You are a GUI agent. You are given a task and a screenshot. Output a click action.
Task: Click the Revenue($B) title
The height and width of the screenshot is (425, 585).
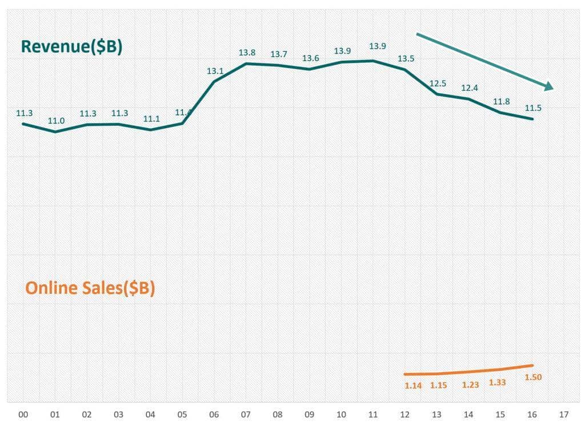tap(71, 47)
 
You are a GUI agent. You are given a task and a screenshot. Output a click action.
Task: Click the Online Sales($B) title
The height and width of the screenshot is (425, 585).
tap(90, 288)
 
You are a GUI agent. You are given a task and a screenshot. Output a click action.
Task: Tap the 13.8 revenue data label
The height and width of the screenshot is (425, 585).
tap(247, 53)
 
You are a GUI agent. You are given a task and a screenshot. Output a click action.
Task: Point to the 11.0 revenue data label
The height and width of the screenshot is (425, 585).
tap(56, 121)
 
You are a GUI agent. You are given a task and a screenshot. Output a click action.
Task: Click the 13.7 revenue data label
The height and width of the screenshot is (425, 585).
tap(279, 54)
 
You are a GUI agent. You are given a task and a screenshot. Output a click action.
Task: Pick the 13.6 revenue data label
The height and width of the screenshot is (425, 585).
tap(311, 58)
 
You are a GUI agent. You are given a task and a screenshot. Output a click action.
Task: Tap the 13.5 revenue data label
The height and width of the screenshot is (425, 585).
tap(406, 58)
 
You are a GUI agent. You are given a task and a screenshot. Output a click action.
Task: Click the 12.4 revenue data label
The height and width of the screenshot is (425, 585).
tap(470, 88)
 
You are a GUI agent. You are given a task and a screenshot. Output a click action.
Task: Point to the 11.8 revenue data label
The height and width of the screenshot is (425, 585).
tap(501, 102)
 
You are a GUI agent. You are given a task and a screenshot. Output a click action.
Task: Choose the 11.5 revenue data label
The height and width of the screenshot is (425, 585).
tap(533, 108)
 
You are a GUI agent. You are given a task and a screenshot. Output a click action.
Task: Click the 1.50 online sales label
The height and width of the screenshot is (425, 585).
tap(532, 377)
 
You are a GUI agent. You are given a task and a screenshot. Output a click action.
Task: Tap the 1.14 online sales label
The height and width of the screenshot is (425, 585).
tap(412, 386)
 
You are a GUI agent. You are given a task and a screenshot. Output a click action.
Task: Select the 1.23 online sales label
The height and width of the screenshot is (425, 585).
tap(470, 385)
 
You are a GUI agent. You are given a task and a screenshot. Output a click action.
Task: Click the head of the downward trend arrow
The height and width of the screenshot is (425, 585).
tap(550, 86)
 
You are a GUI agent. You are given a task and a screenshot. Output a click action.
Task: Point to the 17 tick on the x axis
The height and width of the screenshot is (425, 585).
tap(564, 414)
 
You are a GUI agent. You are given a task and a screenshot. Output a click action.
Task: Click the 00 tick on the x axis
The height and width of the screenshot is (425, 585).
tap(23, 414)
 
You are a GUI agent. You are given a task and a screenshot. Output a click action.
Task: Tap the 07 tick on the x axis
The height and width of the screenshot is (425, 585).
tap(246, 414)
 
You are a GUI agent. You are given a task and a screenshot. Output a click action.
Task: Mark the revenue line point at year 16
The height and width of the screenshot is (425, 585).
tap(532, 119)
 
